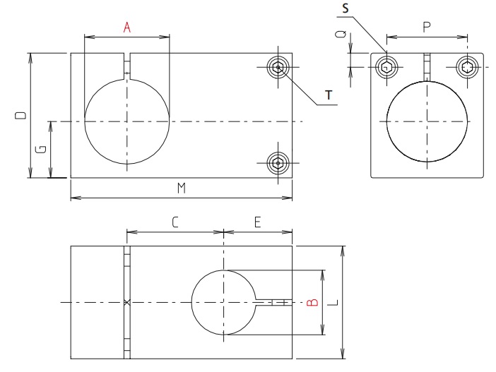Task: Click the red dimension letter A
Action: [127, 28]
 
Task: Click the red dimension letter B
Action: [313, 302]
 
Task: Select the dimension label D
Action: [21, 114]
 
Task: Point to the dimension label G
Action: [42, 149]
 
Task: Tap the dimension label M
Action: [181, 188]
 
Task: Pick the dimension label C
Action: [175, 222]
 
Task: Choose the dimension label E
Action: [257, 222]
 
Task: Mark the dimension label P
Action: [427, 28]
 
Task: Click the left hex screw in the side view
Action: [386, 68]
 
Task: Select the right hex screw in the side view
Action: [468, 68]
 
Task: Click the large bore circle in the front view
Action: [127, 121]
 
